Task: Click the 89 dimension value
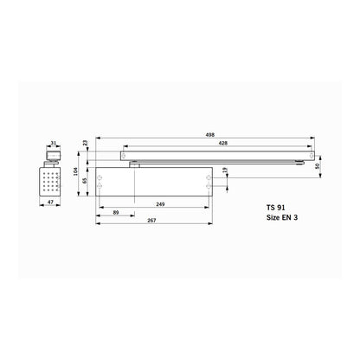(116, 211)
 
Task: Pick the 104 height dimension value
(74, 171)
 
